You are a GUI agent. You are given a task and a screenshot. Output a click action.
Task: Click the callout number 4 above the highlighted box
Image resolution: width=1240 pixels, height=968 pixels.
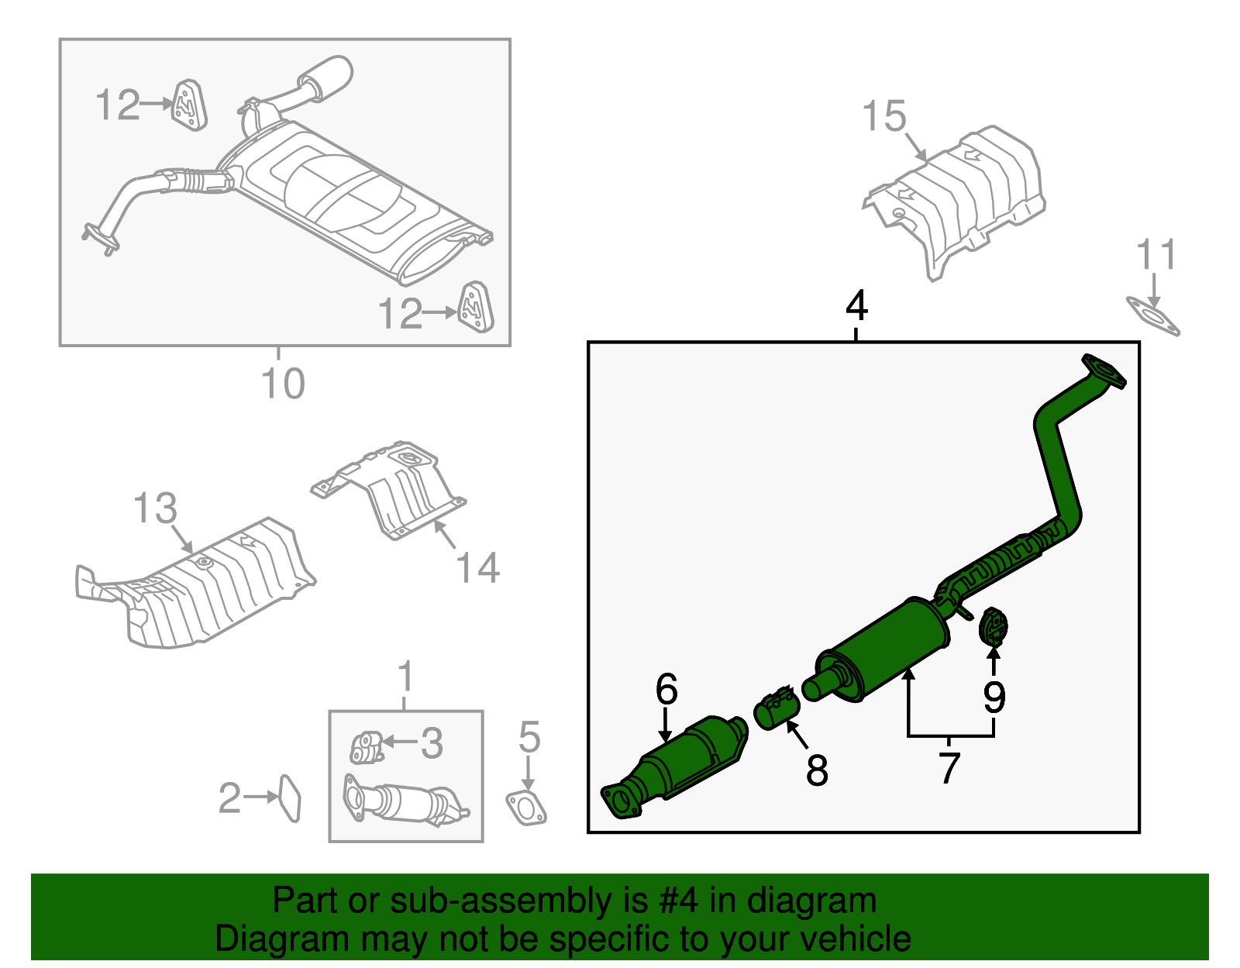click(856, 306)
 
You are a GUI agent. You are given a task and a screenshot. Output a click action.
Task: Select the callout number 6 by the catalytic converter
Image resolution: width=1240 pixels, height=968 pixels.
click(666, 689)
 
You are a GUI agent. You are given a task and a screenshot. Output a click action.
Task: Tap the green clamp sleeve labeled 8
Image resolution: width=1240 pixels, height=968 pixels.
click(777, 708)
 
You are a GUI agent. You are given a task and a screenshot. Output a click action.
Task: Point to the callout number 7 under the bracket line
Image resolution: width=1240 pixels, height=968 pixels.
click(949, 767)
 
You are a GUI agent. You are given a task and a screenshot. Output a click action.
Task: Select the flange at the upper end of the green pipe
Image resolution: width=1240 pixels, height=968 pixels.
click(1104, 371)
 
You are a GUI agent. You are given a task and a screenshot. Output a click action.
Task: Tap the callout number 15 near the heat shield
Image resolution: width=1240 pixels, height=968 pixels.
click(883, 116)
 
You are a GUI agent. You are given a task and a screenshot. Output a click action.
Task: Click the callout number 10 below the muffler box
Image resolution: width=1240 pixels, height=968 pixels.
click(283, 384)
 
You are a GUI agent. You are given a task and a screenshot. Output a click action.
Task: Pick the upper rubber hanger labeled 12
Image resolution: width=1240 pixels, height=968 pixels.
click(188, 105)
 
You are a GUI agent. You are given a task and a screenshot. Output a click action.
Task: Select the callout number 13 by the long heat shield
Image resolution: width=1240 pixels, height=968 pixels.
click(155, 509)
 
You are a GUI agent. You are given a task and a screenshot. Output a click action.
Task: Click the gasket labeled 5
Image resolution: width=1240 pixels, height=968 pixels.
click(526, 807)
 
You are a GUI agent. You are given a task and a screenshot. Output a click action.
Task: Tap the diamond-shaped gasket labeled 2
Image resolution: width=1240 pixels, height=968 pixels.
click(289, 797)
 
